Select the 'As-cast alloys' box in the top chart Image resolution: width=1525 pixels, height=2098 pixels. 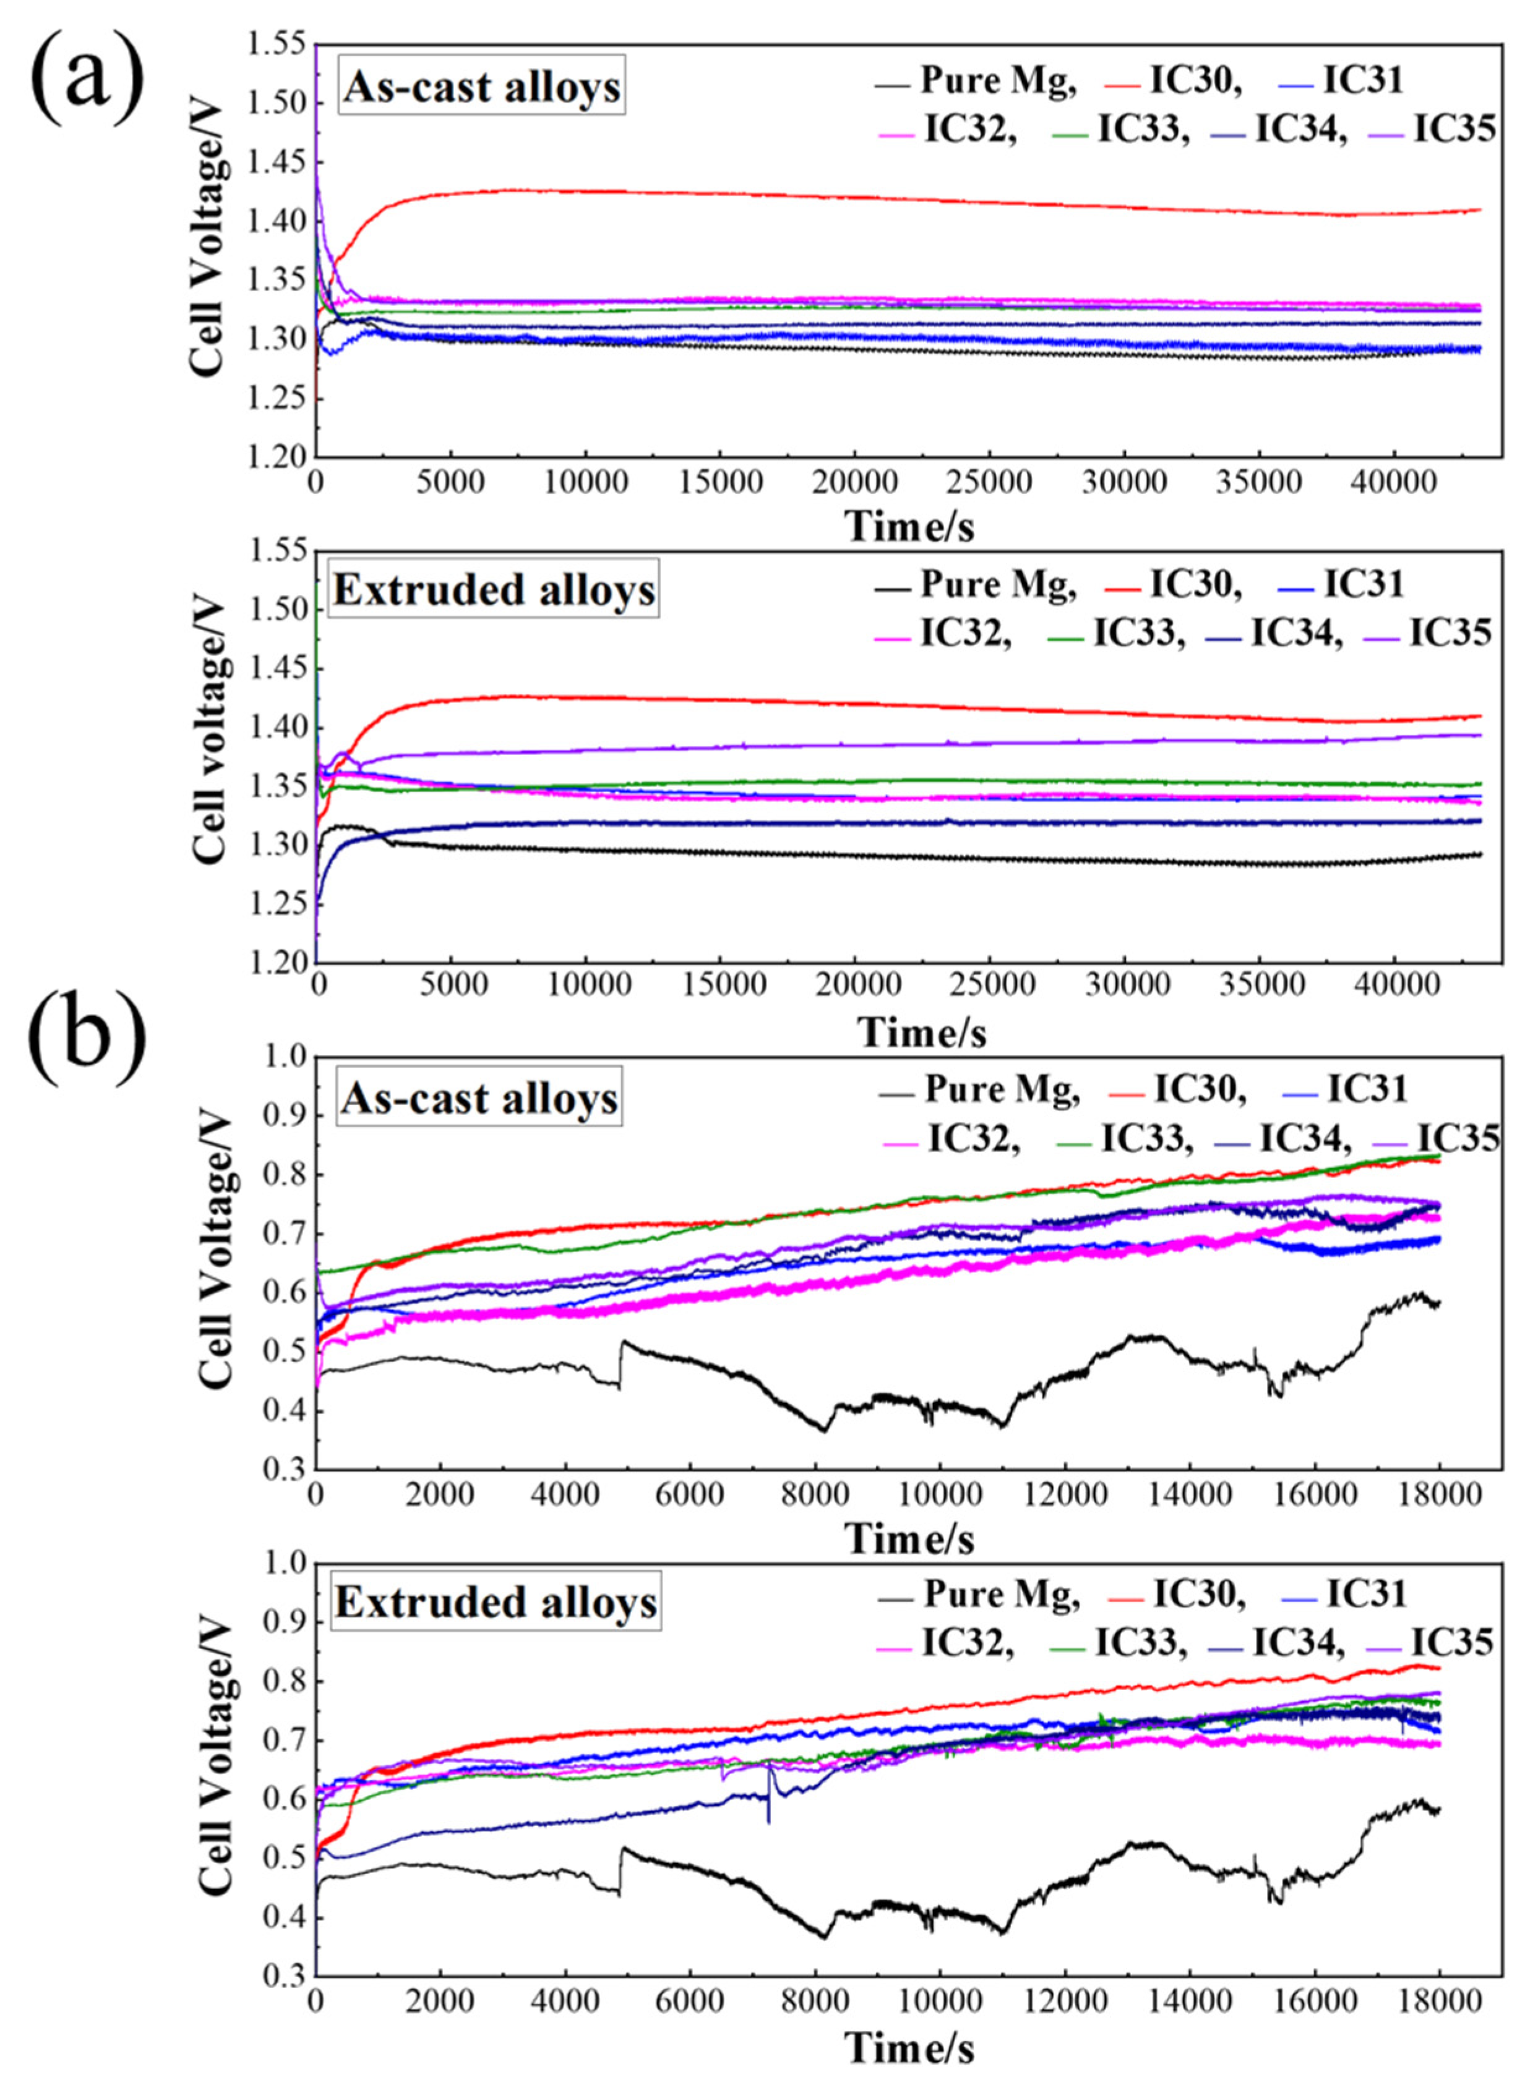(481, 89)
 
